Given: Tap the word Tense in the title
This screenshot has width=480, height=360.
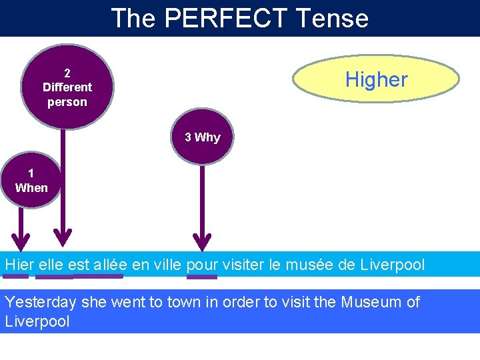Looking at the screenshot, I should (336, 18).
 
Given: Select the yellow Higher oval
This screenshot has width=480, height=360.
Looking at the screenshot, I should (376, 80).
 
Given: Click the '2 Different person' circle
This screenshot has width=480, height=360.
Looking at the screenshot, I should (67, 87).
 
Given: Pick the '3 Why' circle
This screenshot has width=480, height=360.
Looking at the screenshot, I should (203, 137).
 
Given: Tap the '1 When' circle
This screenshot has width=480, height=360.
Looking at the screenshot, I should (31, 181).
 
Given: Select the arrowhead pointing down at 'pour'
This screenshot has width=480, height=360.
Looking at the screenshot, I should (202, 241).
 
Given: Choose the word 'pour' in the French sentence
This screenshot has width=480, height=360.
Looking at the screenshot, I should (201, 265).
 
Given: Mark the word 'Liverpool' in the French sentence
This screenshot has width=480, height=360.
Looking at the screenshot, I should (392, 265).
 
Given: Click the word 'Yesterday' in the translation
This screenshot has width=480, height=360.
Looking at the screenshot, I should (41, 302).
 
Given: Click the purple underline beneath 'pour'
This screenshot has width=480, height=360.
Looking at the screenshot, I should (202, 276).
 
